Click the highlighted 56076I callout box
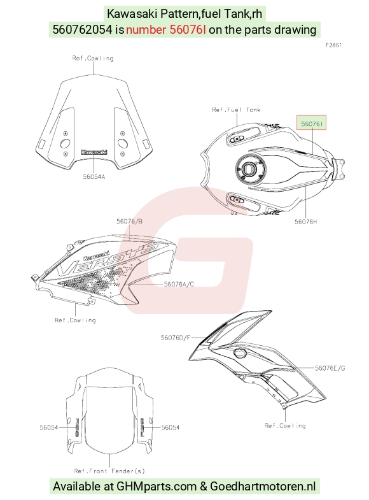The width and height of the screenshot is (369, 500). click(311, 123)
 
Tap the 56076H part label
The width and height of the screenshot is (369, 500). click(305, 222)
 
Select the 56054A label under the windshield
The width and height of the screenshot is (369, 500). click(94, 177)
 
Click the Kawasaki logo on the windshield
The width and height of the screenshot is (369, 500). click(94, 152)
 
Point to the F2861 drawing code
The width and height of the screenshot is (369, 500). click(333, 45)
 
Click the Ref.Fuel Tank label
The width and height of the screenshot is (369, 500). click(236, 110)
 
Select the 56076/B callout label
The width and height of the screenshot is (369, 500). click(129, 221)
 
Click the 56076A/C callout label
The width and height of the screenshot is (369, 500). click(179, 284)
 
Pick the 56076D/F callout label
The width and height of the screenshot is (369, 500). click(176, 338)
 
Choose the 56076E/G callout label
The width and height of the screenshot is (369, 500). click(330, 368)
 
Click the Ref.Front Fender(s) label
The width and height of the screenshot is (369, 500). click(109, 471)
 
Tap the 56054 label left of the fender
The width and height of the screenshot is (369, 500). click(49, 427)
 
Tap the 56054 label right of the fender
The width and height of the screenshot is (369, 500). click(171, 427)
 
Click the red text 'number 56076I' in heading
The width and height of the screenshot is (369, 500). click(166, 30)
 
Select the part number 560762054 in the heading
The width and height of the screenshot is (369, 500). click(83, 30)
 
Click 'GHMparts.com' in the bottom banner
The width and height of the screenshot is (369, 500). click(157, 487)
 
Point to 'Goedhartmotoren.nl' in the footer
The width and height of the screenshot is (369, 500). click(263, 487)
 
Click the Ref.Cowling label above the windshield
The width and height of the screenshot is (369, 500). click(93, 58)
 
